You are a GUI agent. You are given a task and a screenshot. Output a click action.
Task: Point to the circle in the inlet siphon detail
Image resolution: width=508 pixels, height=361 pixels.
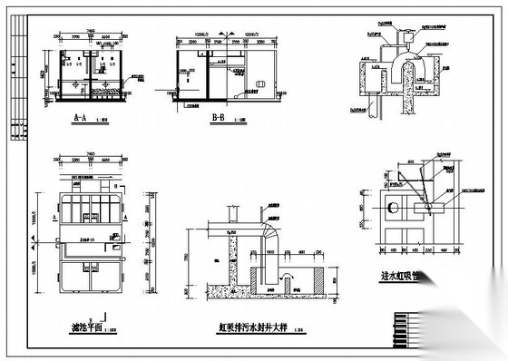392,208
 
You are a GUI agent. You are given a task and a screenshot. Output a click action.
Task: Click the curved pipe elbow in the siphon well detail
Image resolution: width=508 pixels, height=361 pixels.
270,229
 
